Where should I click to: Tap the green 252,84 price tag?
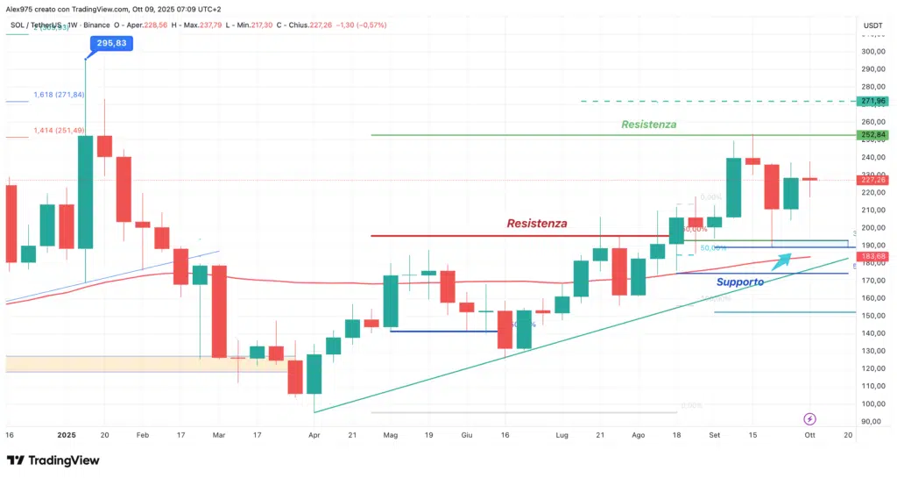[x=872, y=135]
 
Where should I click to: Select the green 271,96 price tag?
[x=872, y=102]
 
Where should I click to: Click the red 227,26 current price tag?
[x=872, y=180]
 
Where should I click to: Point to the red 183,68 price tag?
[x=872, y=255]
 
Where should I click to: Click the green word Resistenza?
[x=648, y=125]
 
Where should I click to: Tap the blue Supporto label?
[x=739, y=282]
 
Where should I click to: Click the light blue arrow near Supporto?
[x=778, y=259]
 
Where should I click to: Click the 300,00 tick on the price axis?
[x=871, y=51]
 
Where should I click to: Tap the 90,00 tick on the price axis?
[x=871, y=421]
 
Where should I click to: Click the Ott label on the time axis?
[x=810, y=434]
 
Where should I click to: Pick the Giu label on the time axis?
[x=467, y=434]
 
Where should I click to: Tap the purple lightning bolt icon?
[x=810, y=419]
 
